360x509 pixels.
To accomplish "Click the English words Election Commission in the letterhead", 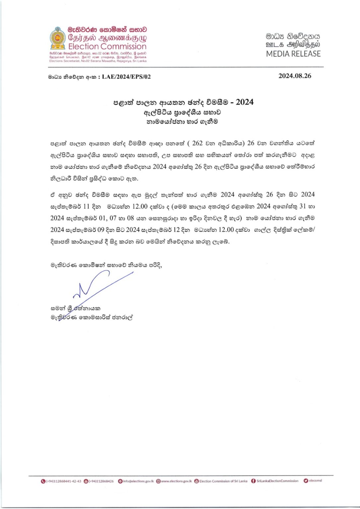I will pos(107,47).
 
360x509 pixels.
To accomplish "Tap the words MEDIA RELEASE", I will pos(293,54).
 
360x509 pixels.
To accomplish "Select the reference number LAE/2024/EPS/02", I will pos(126,77).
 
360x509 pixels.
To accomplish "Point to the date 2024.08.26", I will pos(295,76).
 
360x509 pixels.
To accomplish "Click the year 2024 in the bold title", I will pos(245,102).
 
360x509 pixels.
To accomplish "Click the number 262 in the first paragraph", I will pos(197,143).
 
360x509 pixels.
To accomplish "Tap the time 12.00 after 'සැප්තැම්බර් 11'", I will pos(140,206).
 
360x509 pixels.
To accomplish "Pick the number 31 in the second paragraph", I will pos(302,206).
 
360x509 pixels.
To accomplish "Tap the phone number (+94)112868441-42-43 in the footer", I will pos(63,481).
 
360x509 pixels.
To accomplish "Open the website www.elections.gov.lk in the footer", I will pos(176,481).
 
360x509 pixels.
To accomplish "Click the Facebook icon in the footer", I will pos(253,481).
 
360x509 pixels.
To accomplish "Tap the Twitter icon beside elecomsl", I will pos(306,481).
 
